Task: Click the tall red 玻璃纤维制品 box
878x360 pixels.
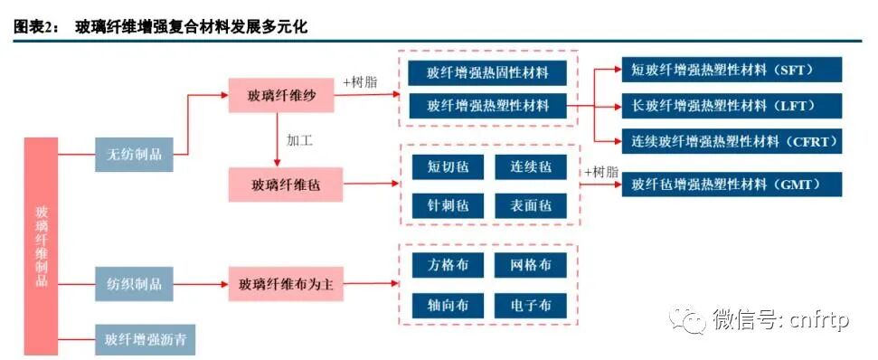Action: [41, 245]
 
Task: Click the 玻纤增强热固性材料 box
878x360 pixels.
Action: [488, 73]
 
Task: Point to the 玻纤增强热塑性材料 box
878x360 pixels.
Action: [488, 106]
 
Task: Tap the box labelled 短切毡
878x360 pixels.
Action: [446, 167]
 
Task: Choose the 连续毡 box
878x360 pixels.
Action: [531, 167]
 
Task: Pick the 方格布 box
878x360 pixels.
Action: [446, 266]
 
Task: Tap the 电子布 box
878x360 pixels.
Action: [531, 305]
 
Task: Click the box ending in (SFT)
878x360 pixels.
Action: [732, 70]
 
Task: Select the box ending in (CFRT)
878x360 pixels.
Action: [732, 140]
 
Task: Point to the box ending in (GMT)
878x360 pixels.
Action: [732, 184]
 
